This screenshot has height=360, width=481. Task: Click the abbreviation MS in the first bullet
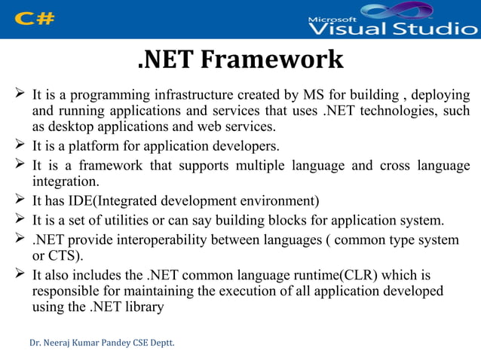click(x=312, y=96)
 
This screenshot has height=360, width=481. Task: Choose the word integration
click(x=65, y=182)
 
